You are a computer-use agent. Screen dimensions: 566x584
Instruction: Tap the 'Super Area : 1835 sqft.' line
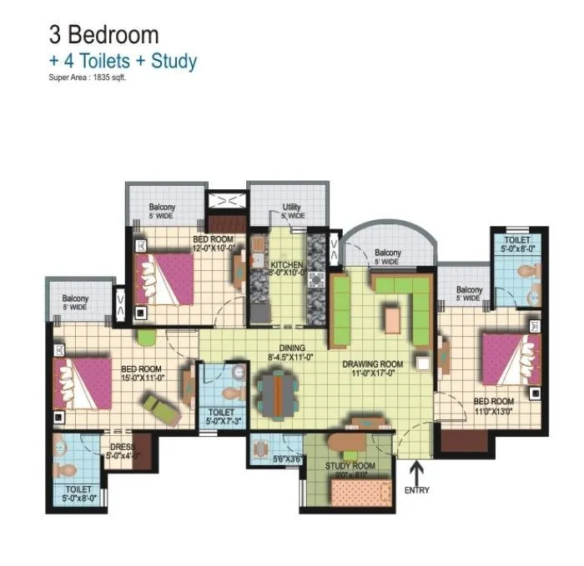[x=89, y=78]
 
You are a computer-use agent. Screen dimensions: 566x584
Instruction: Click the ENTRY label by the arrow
[x=417, y=490]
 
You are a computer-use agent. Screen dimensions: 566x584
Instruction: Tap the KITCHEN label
[x=286, y=266]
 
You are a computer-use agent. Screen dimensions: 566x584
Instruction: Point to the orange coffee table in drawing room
[x=392, y=318]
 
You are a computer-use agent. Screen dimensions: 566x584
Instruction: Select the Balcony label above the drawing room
[x=388, y=253]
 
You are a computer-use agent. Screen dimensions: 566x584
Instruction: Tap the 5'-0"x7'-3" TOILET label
[x=221, y=415]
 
